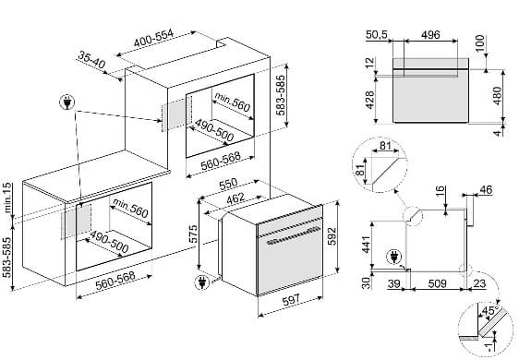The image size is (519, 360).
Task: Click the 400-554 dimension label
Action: (153, 39)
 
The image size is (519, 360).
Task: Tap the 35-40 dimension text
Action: (91, 60)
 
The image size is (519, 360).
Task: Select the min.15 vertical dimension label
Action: (7, 198)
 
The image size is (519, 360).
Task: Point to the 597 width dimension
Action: (291, 300)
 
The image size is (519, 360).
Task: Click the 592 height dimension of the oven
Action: (332, 236)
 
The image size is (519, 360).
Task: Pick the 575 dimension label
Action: (193, 234)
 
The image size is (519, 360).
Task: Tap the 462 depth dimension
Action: (235, 198)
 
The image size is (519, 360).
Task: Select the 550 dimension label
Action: (228, 184)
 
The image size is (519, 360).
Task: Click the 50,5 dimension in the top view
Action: (377, 35)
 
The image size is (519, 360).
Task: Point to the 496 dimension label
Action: (430, 35)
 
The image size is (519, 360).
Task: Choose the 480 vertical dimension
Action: (497, 96)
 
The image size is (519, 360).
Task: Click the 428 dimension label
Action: (369, 100)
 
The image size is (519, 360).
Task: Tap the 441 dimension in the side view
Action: (366, 245)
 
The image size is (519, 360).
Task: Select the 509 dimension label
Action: (437, 283)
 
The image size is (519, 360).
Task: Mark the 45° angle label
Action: (490, 311)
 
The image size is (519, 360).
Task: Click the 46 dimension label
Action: (486, 190)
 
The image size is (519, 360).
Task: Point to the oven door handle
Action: (294, 235)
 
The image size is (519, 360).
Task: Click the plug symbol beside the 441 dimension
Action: (394, 257)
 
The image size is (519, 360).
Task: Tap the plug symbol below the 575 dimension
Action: (202, 282)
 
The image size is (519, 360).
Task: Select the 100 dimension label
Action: (479, 42)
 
